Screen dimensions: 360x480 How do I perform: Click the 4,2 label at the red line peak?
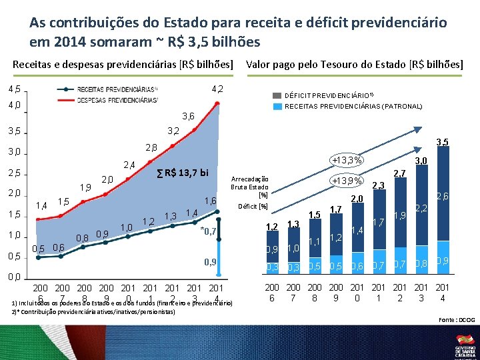[x=217, y=89]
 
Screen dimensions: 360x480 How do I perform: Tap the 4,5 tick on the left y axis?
[x=14, y=89]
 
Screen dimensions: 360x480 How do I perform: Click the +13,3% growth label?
[x=347, y=160]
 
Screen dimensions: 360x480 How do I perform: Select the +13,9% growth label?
[x=347, y=181]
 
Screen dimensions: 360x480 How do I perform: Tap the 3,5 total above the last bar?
[x=441, y=141]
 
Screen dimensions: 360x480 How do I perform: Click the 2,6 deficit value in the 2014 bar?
[x=442, y=196]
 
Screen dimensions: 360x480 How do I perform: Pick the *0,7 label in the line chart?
[x=209, y=231]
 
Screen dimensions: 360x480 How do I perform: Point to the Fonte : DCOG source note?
[x=457, y=320]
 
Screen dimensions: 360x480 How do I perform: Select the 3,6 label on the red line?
[x=188, y=117]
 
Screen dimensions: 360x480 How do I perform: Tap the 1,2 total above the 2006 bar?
[x=271, y=227]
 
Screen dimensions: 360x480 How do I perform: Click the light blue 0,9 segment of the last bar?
[x=442, y=261]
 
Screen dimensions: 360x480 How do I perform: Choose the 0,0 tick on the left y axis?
[x=14, y=277]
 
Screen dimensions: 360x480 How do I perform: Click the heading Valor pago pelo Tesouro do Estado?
[x=354, y=65]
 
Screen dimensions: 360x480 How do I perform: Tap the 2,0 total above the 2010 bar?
[x=356, y=199]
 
